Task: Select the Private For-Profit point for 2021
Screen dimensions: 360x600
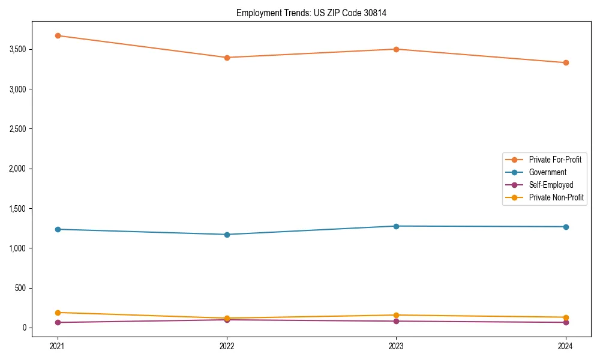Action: click(x=58, y=35)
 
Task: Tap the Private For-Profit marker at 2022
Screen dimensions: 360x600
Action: click(x=227, y=58)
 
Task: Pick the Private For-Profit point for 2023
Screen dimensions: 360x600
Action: click(x=397, y=49)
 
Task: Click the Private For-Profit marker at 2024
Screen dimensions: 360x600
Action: click(x=566, y=62)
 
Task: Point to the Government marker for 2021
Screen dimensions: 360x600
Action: click(x=58, y=229)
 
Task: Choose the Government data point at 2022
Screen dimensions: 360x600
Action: click(x=227, y=235)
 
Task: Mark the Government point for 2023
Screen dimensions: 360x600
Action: click(x=397, y=226)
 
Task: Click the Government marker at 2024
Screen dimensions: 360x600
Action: click(x=566, y=227)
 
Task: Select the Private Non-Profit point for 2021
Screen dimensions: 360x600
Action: click(x=58, y=313)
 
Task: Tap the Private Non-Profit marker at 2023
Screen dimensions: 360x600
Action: click(x=397, y=315)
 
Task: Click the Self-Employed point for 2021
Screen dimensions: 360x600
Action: click(x=58, y=322)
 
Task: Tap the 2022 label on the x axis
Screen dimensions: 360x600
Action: click(x=227, y=346)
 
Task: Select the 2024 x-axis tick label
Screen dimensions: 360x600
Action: click(x=566, y=346)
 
